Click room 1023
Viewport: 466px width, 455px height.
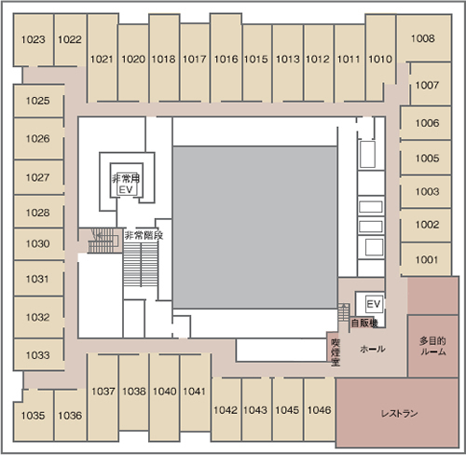click(x=34, y=39)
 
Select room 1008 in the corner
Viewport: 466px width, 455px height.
click(x=423, y=38)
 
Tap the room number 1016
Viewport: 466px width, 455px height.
click(x=226, y=59)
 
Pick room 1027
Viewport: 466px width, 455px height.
click(x=38, y=177)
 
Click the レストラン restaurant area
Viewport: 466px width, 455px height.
click(x=398, y=413)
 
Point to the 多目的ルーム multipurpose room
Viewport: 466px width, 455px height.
click(x=433, y=346)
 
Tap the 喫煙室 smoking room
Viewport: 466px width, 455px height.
click(x=336, y=352)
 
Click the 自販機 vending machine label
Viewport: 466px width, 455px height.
click(x=364, y=324)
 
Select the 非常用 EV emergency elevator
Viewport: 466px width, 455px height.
click(x=127, y=180)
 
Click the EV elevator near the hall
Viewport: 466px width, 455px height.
click(x=374, y=304)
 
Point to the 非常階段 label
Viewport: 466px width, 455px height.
click(x=144, y=235)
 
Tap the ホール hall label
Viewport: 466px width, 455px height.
click(x=373, y=349)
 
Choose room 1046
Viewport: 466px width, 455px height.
click(x=320, y=409)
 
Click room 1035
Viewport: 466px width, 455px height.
click(x=34, y=415)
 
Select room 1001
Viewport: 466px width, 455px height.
click(x=426, y=259)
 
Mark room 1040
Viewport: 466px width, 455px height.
click(x=165, y=392)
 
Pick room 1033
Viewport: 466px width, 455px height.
click(x=38, y=354)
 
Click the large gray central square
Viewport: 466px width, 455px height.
click(x=255, y=227)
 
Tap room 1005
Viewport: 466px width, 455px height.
click(x=426, y=159)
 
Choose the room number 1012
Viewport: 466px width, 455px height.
click(x=318, y=59)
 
